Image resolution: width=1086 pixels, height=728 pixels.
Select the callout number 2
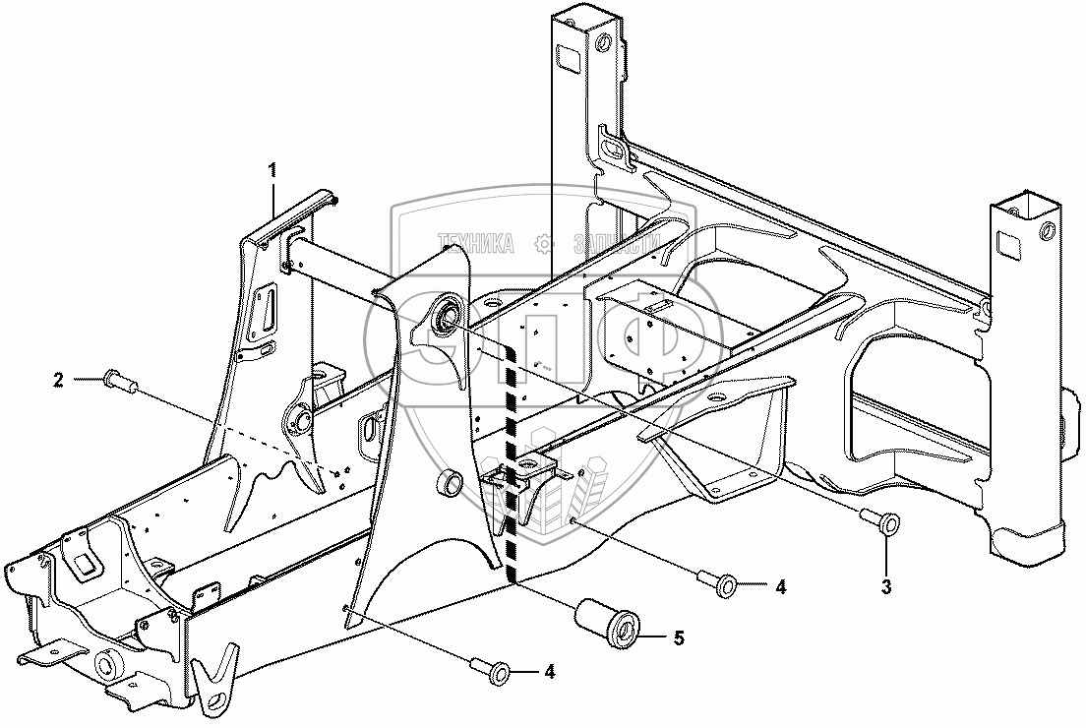click(59, 380)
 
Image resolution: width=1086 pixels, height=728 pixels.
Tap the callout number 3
click(886, 588)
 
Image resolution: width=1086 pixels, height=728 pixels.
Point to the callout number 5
click(679, 637)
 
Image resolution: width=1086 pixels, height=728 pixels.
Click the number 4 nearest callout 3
click(779, 587)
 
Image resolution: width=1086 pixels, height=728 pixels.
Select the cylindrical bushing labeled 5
click(608, 622)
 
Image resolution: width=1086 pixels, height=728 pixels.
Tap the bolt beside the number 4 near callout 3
click(719, 583)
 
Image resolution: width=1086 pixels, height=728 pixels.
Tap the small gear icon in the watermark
click(540, 243)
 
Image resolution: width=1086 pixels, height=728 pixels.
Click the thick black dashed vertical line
click(511, 462)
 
